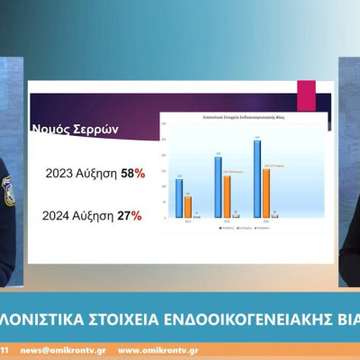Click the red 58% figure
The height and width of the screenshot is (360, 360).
(130, 174)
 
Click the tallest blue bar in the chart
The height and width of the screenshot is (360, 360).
(257, 178)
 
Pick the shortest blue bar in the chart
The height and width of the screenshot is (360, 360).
(178, 198)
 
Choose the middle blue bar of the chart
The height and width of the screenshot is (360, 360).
(218, 187)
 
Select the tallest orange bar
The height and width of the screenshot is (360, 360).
(266, 193)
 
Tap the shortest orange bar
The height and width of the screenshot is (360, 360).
(187, 207)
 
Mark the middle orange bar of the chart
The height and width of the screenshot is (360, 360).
(227, 196)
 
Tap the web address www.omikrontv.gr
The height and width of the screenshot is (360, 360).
(158, 349)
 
